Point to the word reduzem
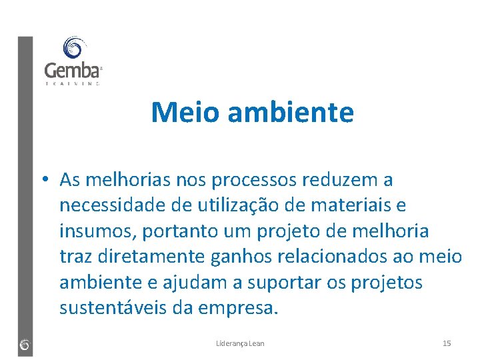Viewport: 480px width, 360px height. (x=339, y=180)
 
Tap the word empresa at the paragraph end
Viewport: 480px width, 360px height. (x=243, y=309)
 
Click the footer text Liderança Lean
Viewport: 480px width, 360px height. (x=240, y=343)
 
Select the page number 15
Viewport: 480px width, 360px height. (x=447, y=343)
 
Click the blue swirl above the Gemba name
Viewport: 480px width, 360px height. (x=72, y=48)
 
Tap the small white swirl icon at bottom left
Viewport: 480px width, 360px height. (x=25, y=345)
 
